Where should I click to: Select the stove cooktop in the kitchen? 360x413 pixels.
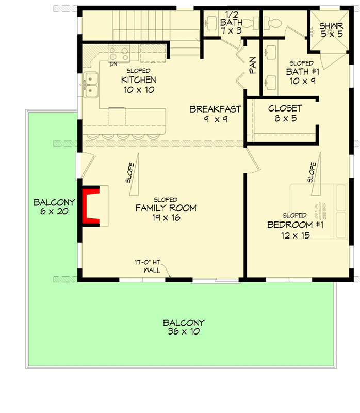coord(119,53)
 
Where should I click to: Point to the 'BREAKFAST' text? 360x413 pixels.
coord(216,109)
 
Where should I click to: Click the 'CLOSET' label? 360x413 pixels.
coord(285,109)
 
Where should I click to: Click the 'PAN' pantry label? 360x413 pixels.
coord(253,65)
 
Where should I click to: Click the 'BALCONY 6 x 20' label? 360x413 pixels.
coord(54,206)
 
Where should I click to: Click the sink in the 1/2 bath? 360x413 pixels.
coord(212,23)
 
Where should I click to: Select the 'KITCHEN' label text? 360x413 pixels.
coord(138,80)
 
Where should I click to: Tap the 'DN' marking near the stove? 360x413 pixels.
coord(113,64)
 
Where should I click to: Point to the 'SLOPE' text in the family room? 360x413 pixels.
coord(130,173)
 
